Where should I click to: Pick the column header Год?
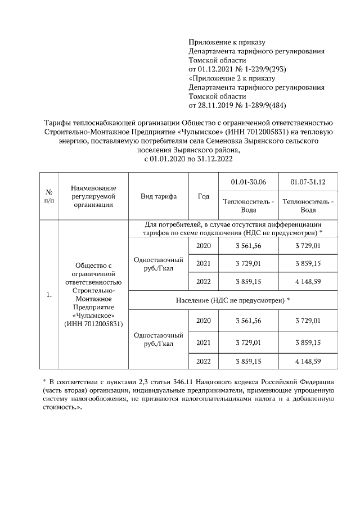[x=204, y=196]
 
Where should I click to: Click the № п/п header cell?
[x=49, y=196]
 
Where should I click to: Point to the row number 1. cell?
[x=49, y=294]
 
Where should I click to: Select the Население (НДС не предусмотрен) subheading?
[x=233, y=300]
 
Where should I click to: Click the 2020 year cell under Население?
[x=204, y=321]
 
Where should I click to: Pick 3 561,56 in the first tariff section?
[x=249, y=246]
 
